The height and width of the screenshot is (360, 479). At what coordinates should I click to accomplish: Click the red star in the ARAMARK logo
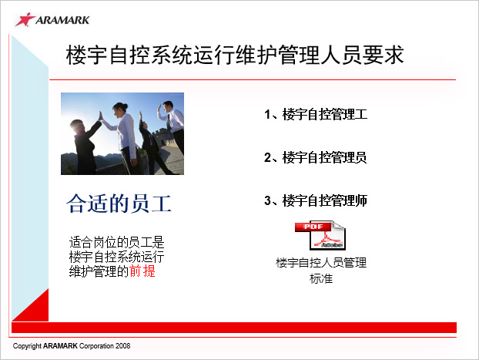[25, 19]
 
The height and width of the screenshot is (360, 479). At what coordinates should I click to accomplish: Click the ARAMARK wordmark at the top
[62, 20]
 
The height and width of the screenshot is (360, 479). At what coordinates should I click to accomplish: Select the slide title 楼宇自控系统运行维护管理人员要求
[235, 55]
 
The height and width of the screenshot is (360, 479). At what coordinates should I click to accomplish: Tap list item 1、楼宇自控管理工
[316, 114]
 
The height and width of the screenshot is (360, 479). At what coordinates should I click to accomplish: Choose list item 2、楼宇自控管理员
[316, 157]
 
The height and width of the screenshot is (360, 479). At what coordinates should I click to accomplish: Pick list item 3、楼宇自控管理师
[316, 200]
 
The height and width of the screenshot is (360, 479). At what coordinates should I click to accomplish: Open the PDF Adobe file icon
[320, 236]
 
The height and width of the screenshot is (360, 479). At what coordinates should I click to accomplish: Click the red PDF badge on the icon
[313, 227]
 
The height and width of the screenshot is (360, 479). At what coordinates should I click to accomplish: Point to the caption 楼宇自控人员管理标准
[321, 271]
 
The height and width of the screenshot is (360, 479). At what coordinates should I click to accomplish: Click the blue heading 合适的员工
[119, 204]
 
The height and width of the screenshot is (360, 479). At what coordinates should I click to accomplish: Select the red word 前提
[142, 271]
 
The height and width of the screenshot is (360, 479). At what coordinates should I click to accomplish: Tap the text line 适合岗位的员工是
[117, 242]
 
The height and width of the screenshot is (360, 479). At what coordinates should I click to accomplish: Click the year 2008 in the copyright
[122, 346]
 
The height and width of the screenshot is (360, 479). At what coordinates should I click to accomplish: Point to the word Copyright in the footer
[27, 346]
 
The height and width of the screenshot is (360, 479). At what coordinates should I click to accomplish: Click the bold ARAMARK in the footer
[60, 346]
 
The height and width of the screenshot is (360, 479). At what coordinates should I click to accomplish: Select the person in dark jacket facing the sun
[83, 143]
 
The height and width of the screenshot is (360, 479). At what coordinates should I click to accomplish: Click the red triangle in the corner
[30, 305]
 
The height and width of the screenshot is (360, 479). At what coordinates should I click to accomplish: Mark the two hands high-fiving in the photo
[100, 116]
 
